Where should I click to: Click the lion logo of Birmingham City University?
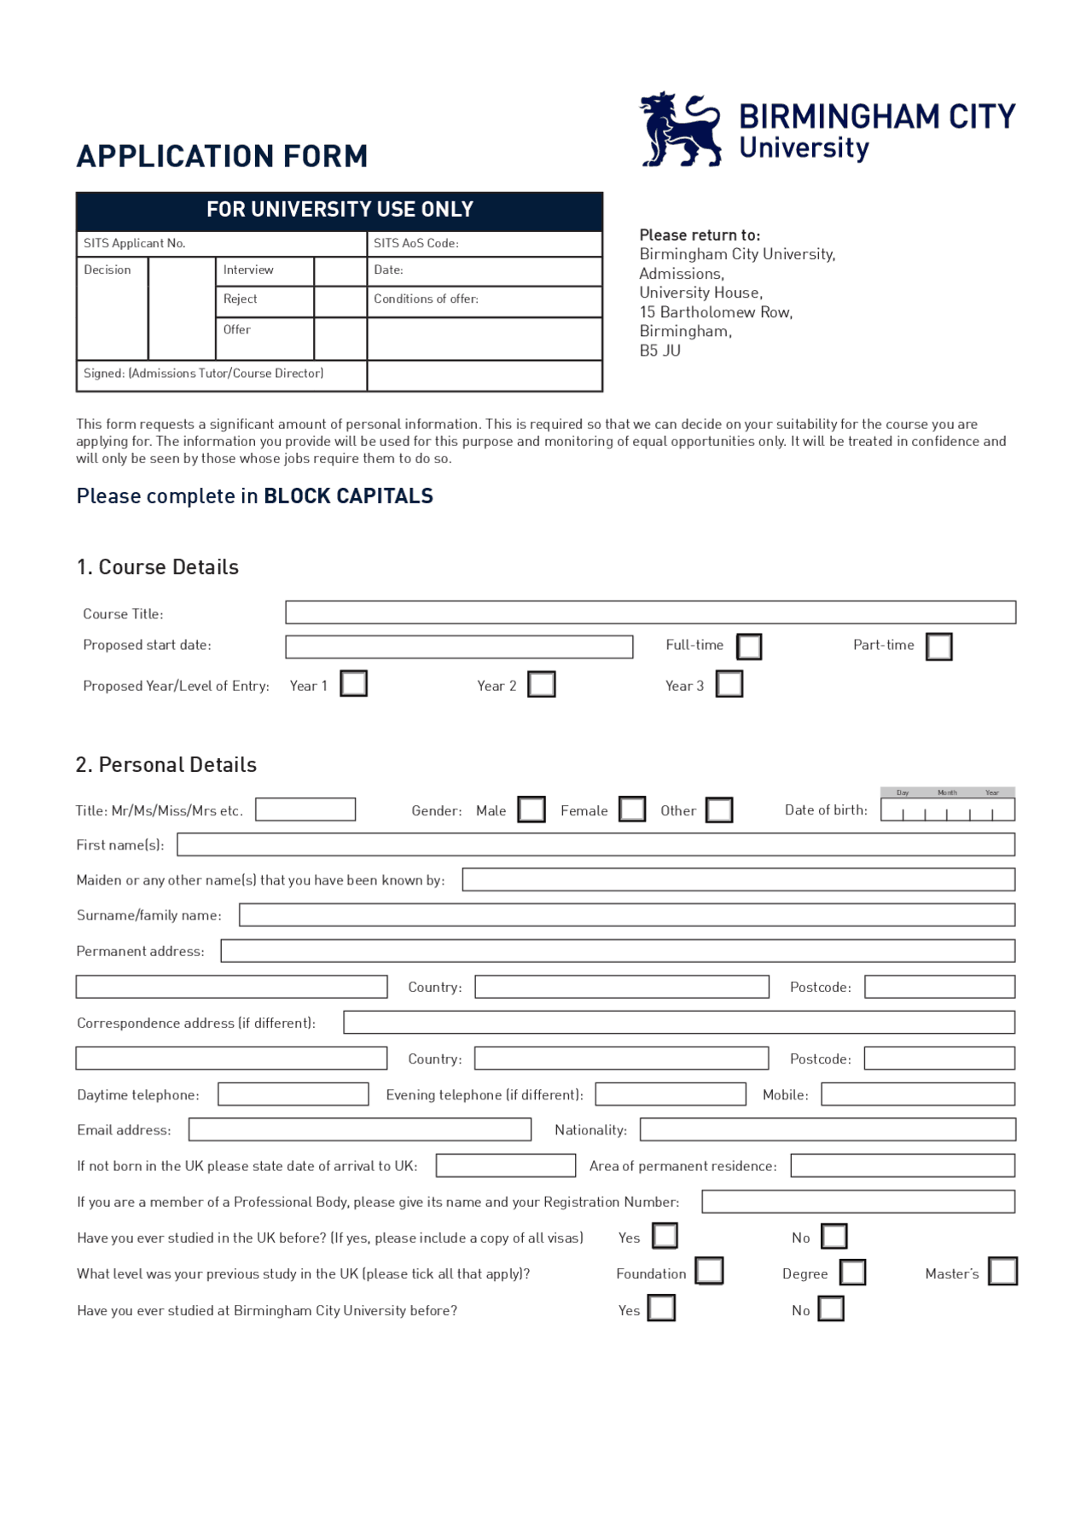point(680,130)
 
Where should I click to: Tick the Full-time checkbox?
point(748,647)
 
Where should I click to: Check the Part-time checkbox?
point(938,647)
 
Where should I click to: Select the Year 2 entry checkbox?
point(541,684)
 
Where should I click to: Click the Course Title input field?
point(650,612)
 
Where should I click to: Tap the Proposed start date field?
point(459,647)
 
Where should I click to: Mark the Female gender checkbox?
point(631,809)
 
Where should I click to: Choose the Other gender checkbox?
point(718,809)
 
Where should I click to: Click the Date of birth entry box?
point(947,809)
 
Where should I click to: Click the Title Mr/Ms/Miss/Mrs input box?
point(305,809)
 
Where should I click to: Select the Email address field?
point(359,1129)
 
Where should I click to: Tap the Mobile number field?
point(918,1094)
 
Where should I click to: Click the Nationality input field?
point(828,1129)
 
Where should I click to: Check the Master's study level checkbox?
point(1002,1271)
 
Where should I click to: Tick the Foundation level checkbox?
point(709,1271)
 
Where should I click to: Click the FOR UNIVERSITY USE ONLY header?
point(340,210)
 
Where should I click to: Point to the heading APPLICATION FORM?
point(222,157)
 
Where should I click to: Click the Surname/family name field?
point(626,915)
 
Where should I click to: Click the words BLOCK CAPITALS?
point(348,496)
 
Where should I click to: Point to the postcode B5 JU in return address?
point(659,351)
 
